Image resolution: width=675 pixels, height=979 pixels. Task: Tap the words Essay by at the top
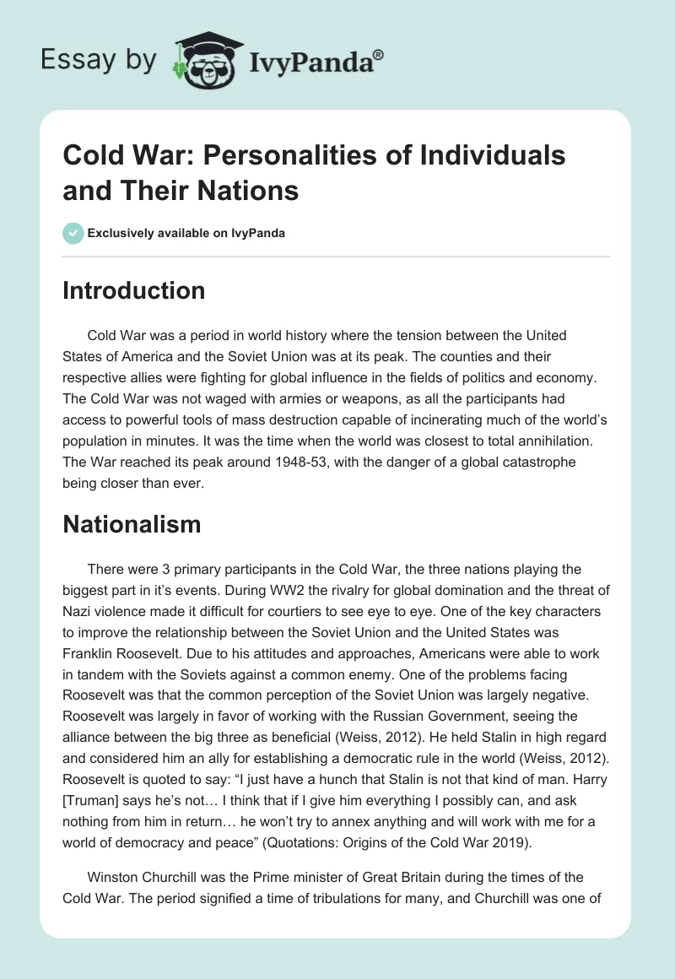[x=100, y=61]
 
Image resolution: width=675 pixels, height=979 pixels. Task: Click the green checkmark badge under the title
[x=73, y=233]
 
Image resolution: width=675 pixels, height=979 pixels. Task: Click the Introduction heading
[x=134, y=290]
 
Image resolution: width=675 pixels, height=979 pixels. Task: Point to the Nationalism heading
[x=132, y=524]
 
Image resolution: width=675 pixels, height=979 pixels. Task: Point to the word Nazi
[x=78, y=609]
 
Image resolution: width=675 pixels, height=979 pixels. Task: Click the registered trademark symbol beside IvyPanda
[x=379, y=55]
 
